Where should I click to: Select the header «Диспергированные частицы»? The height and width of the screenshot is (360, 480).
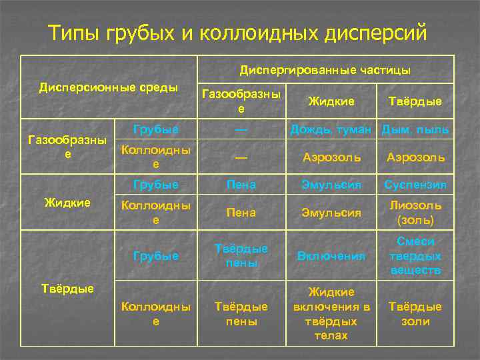pyautogui.click(x=325, y=69)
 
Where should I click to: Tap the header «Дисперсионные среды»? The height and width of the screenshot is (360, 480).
pyautogui.click(x=109, y=87)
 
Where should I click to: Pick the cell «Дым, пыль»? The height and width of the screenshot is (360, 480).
pyautogui.click(x=415, y=129)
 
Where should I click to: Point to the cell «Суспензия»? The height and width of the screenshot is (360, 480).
pyautogui.click(x=415, y=184)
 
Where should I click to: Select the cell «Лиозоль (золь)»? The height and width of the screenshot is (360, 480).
pyautogui.click(x=415, y=213)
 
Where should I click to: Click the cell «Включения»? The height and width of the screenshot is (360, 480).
pyautogui.click(x=332, y=255)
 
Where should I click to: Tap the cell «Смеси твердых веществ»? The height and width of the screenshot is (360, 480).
pyautogui.click(x=415, y=255)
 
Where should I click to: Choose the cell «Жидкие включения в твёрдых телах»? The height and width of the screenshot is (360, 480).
pyautogui.click(x=332, y=313)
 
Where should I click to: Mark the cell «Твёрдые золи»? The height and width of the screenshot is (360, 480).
pyautogui.click(x=415, y=313)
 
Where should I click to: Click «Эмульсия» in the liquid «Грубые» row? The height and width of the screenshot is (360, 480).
pyautogui.click(x=332, y=184)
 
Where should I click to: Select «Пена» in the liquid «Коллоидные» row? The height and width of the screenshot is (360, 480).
pyautogui.click(x=241, y=213)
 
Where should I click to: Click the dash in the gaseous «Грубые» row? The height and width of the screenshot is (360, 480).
pyautogui.click(x=241, y=129)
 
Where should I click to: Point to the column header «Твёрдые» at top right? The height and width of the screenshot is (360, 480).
pyautogui.click(x=415, y=101)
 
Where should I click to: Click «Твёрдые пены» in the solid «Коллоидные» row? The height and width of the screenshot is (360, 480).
pyautogui.click(x=241, y=313)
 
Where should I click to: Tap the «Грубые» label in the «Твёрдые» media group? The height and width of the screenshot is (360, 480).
pyautogui.click(x=156, y=255)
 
